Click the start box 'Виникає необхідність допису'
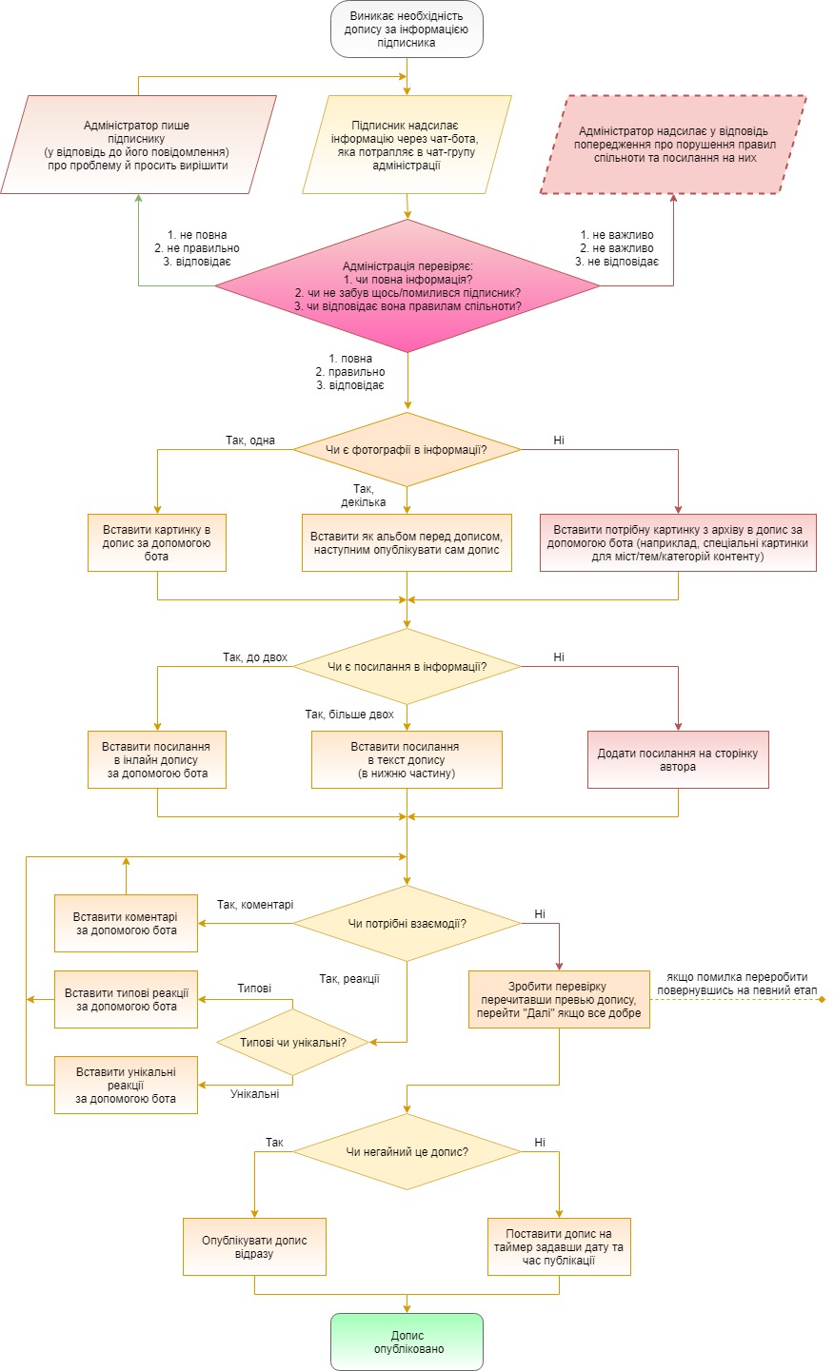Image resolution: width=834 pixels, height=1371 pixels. (407, 29)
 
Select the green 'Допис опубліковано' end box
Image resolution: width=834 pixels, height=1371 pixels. (407, 1341)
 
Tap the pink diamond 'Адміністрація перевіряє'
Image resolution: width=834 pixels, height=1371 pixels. (407, 285)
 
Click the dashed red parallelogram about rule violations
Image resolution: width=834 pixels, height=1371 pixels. (673, 145)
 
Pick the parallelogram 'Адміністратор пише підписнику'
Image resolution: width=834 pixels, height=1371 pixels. (138, 145)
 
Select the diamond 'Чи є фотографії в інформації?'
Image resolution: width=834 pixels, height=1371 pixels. (407, 450)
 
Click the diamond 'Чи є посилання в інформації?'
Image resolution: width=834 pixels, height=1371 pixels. (407, 667)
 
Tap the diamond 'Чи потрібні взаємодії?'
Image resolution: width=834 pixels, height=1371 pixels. (407, 924)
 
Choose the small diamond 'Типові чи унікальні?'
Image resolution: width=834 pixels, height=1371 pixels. (292, 1043)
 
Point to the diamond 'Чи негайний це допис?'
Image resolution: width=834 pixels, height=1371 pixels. (407, 1152)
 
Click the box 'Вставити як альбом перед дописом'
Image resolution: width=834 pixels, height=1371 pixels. (407, 543)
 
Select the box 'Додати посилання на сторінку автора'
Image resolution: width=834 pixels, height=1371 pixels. (678, 759)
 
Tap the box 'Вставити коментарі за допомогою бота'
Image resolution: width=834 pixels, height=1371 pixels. (126, 924)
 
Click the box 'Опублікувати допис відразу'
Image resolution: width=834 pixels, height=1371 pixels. (254, 1246)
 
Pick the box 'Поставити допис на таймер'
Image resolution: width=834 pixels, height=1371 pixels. (559, 1246)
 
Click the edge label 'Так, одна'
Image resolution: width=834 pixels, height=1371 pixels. (250, 441)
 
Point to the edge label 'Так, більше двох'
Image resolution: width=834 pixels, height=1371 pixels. (349, 715)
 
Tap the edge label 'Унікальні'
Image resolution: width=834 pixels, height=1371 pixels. (255, 1094)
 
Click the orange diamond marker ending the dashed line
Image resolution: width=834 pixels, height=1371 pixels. (822, 1000)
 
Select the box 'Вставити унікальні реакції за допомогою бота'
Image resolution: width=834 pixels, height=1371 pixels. (126, 1086)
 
